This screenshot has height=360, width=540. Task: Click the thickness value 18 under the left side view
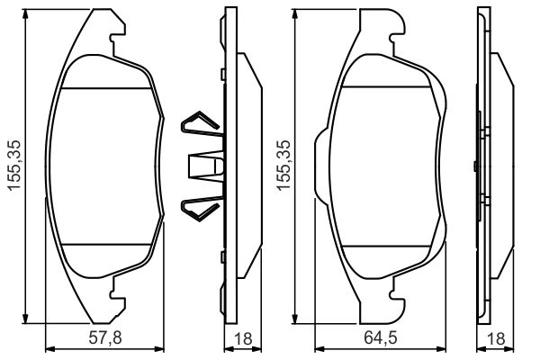240,338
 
